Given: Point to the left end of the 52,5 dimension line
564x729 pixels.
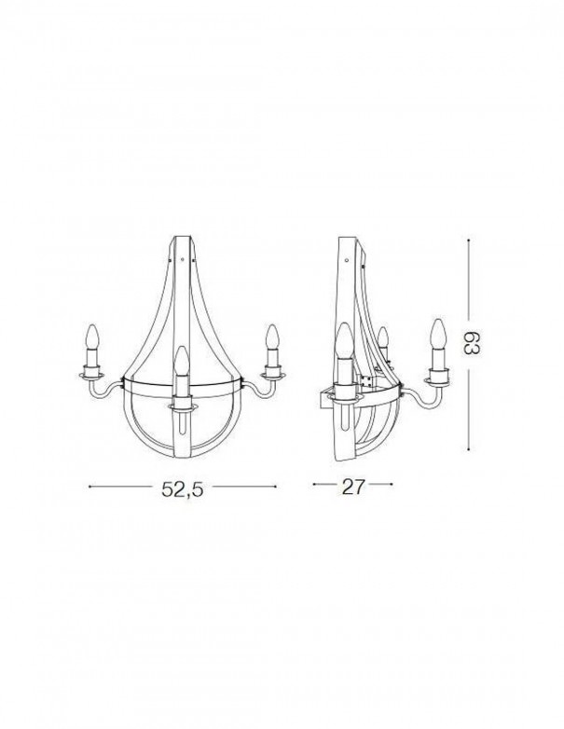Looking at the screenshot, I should [89, 486].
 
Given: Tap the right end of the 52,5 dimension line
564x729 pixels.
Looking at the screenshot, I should [277, 486].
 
